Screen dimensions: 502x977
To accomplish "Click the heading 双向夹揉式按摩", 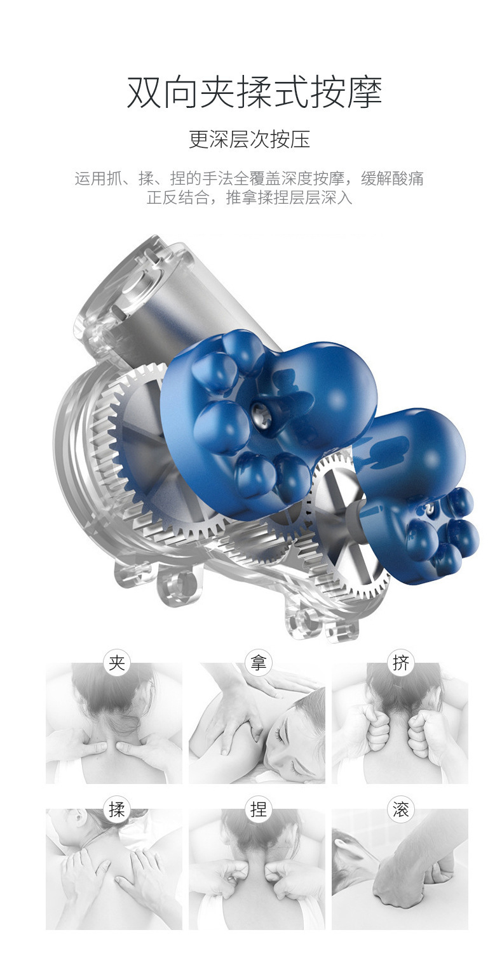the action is click(x=254, y=91).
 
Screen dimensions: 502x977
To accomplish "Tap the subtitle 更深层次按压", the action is click(x=250, y=139).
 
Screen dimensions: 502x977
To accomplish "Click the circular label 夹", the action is click(x=116, y=663).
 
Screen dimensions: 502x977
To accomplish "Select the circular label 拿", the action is click(x=258, y=663).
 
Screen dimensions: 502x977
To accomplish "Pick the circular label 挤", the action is click(x=400, y=663).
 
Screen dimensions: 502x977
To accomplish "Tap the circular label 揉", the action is click(x=116, y=809).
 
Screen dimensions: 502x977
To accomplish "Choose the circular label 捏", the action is click(x=258, y=809).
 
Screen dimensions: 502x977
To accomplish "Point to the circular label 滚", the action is click(x=400, y=809).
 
